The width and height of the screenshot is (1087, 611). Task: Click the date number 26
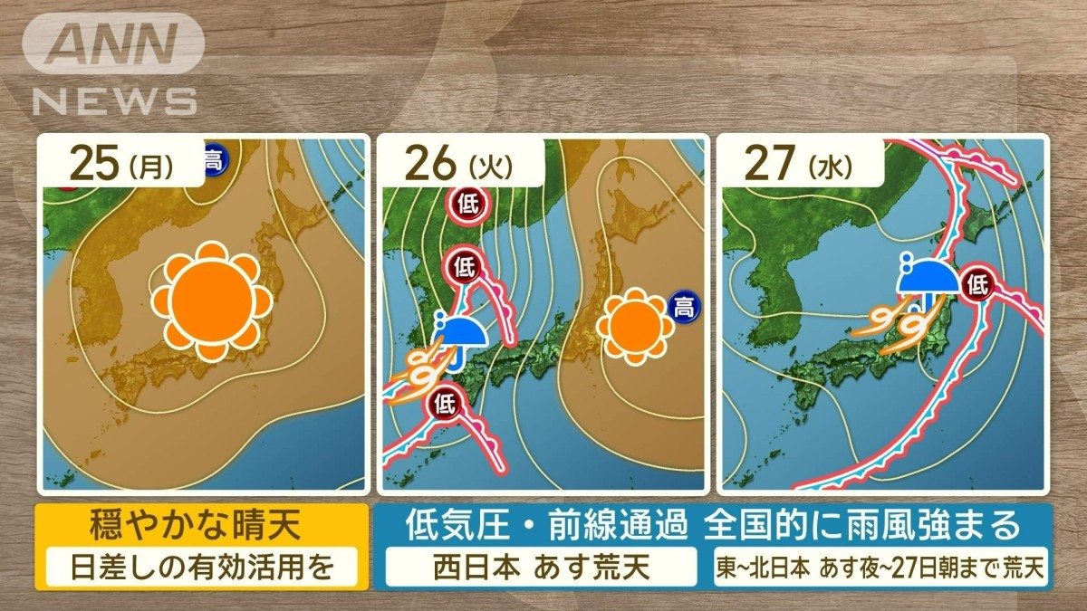click(x=431, y=165)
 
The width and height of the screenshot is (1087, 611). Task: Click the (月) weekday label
click(x=149, y=167)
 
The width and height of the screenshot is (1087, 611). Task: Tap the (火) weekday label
click(x=490, y=167)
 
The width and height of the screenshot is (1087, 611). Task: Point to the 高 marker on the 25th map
click(x=213, y=160)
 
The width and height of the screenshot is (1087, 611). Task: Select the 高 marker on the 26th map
click(x=684, y=308)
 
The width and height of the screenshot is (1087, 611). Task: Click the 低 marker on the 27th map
click(x=977, y=287)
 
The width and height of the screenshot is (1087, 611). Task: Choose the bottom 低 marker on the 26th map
click(x=445, y=399)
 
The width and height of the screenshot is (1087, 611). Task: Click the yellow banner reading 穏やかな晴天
click(x=202, y=524)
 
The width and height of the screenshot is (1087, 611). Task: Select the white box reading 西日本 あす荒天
click(x=542, y=568)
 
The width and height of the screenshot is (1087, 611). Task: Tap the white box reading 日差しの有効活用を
click(x=202, y=568)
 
